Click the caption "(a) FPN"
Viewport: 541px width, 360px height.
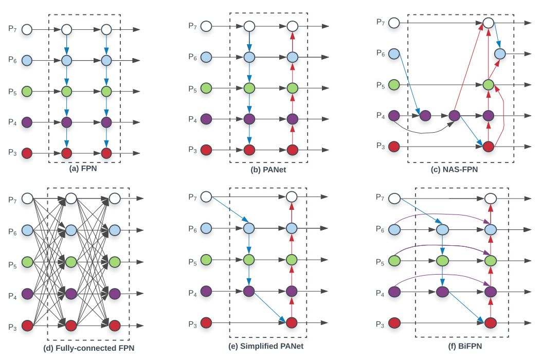(85, 168)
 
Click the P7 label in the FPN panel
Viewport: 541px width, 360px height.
(12, 29)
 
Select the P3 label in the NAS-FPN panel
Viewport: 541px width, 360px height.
(380, 147)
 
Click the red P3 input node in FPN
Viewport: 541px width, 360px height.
(27, 153)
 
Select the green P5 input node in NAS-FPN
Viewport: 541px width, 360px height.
(394, 84)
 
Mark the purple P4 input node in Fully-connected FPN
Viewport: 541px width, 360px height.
(27, 294)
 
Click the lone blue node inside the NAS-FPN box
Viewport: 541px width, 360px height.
(499, 53)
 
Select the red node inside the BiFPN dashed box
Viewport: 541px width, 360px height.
(490, 323)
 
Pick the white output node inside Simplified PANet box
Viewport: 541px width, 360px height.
(292, 196)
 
